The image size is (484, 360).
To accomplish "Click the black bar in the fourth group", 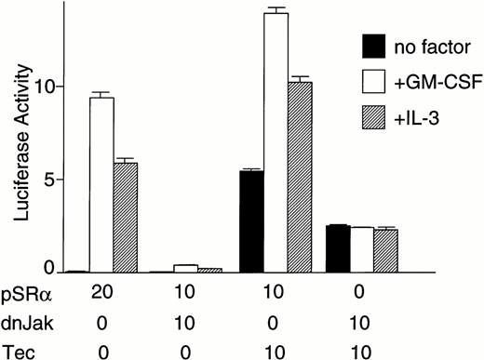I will click(x=338, y=248).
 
